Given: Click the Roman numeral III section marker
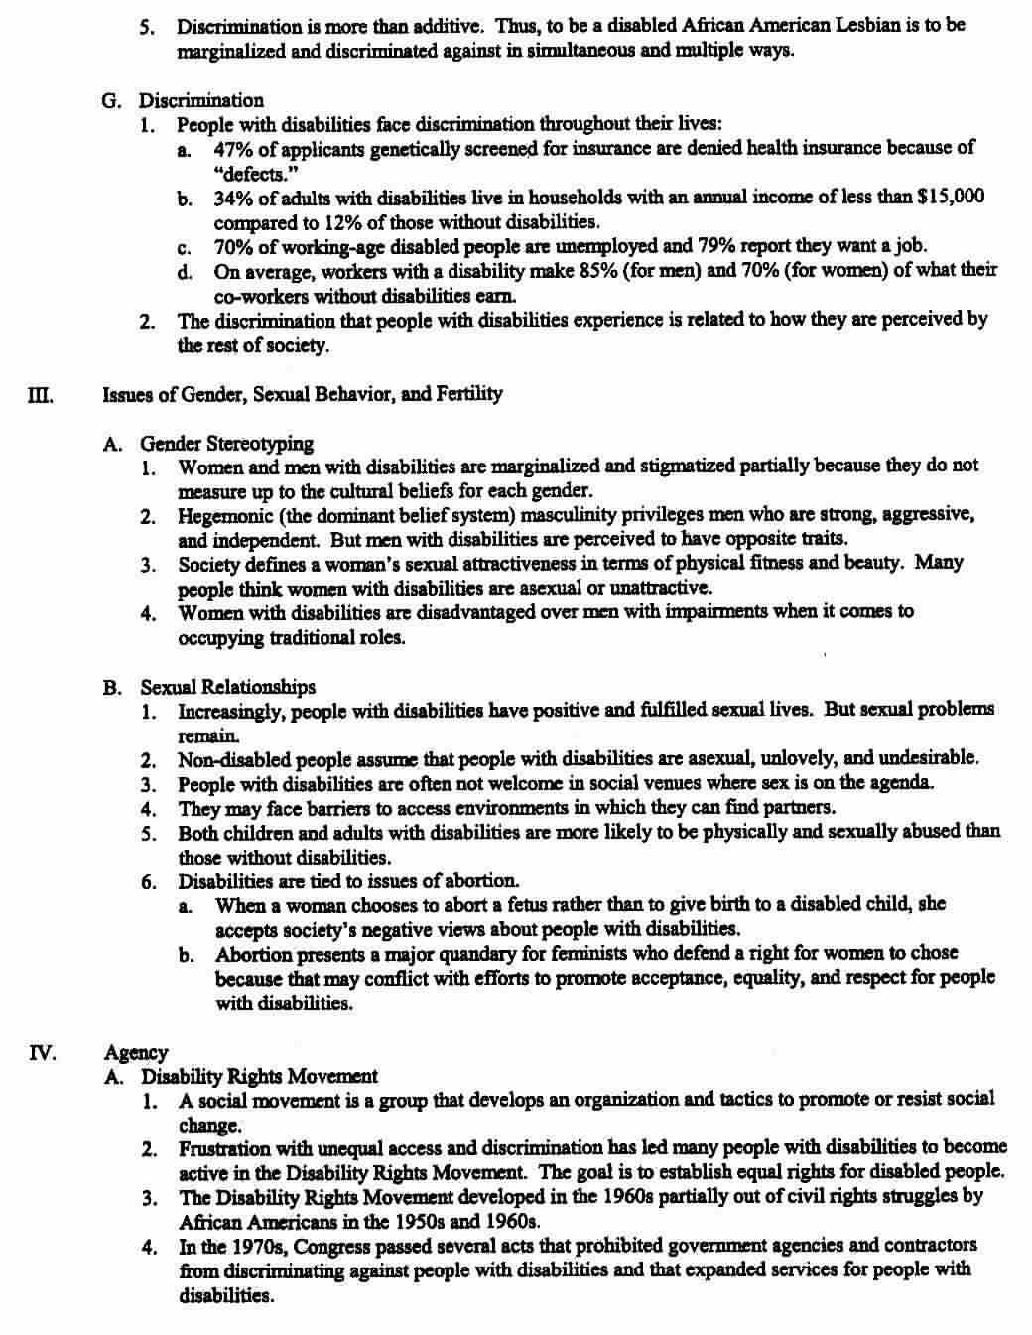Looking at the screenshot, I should pos(40,395).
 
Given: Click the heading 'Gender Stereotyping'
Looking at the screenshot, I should pos(226,444).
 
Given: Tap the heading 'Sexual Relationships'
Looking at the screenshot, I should pos(227,687).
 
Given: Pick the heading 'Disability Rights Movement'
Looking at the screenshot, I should pos(259,1076).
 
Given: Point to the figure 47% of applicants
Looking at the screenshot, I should pos(232,148).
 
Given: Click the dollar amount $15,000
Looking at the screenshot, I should pos(951,197).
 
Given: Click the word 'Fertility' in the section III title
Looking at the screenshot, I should pos(469,394).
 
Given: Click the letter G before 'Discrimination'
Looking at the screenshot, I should pos(110,100).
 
